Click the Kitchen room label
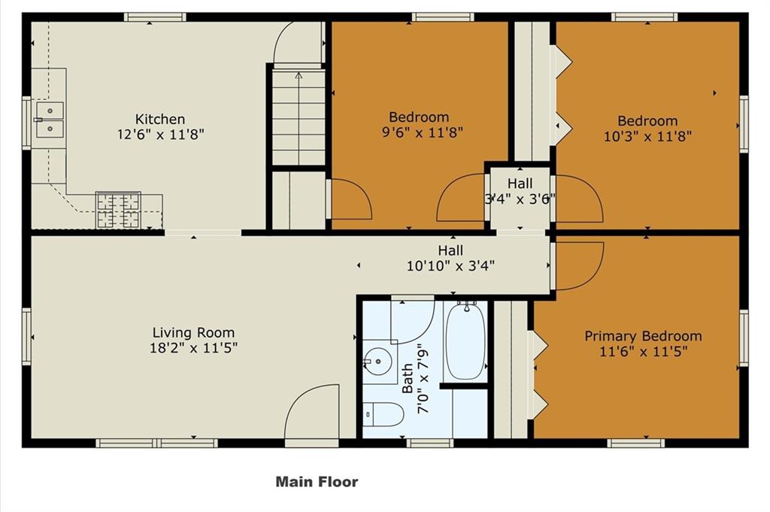[x=160, y=119]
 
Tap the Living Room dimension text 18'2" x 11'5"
[x=193, y=348]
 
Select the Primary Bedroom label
[x=643, y=336]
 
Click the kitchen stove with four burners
[x=118, y=211]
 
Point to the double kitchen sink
[x=50, y=120]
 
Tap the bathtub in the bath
[x=464, y=341]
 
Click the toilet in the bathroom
[x=383, y=414]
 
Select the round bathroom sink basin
[x=377, y=362]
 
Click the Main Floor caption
[x=317, y=482]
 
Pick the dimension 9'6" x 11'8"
[x=423, y=132]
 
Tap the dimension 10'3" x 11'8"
[x=647, y=136]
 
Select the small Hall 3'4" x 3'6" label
[x=520, y=191]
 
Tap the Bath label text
[x=407, y=378]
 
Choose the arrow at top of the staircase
[x=299, y=75]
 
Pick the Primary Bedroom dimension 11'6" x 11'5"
[x=643, y=351]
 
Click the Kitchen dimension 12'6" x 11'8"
[x=160, y=134]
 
